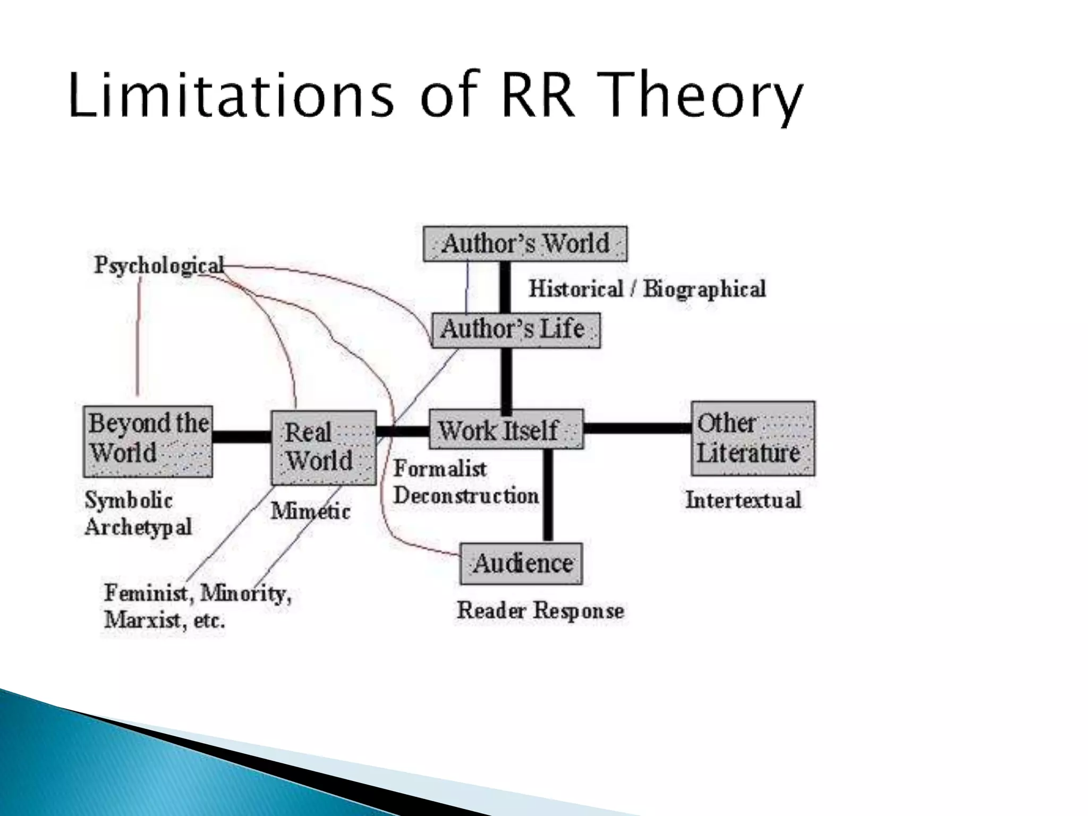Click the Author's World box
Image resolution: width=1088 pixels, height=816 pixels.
point(525,244)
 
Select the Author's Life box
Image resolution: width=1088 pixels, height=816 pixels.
point(516,330)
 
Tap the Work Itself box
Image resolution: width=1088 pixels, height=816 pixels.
point(505,429)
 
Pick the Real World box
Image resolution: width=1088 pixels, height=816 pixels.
point(324,448)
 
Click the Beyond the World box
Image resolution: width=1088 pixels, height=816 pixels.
point(148,441)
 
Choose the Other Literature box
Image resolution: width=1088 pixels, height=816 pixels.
point(753,439)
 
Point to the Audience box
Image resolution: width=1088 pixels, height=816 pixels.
point(521,564)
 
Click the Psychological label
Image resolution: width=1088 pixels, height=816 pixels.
point(159,265)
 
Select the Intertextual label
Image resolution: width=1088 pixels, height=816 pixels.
point(743,500)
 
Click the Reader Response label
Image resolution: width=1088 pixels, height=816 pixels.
point(540,610)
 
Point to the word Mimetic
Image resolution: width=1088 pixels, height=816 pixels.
point(310,512)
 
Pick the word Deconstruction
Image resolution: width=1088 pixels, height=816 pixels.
point(466,496)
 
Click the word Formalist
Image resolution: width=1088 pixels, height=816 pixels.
point(440,469)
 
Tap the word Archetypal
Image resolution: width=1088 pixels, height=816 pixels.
point(138,528)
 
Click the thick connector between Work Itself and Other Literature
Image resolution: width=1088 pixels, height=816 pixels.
point(637,428)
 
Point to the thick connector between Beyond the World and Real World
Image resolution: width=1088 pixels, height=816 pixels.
point(242,437)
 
